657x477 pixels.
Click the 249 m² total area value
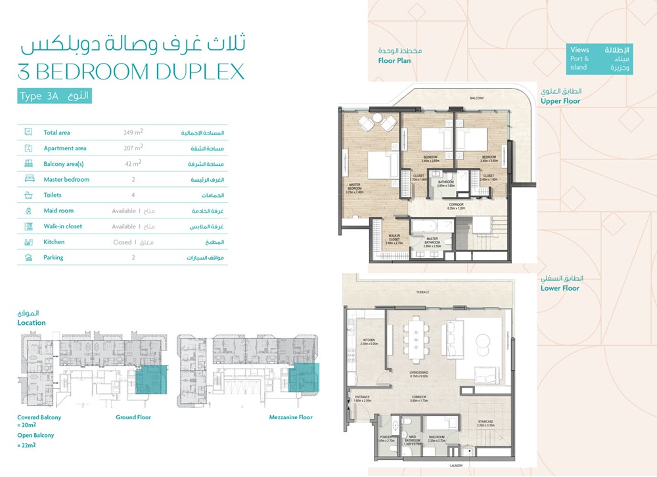(x=133, y=133)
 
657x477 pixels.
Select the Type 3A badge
(x=55, y=96)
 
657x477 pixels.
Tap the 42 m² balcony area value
(x=133, y=163)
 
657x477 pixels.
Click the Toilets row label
(x=54, y=195)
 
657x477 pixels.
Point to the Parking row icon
(x=28, y=257)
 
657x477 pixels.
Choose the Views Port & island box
(x=599, y=59)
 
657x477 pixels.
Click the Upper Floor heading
(x=560, y=102)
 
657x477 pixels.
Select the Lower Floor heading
(x=560, y=288)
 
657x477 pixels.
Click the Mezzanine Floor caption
(x=290, y=417)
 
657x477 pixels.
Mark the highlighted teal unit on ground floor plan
(x=152, y=381)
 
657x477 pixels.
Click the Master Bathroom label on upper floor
(x=432, y=240)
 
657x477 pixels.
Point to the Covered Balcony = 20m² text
(x=39, y=421)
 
